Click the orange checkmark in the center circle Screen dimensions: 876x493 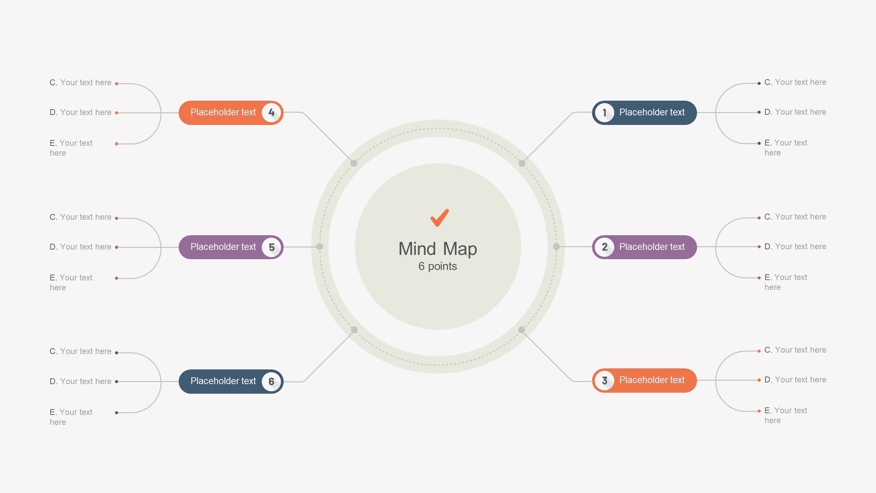coord(439,218)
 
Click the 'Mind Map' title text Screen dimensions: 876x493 coord(438,249)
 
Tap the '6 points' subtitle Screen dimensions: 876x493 coord(438,266)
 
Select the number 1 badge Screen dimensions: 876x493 coord(604,113)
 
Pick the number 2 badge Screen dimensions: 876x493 coord(604,247)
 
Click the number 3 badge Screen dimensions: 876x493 coord(604,380)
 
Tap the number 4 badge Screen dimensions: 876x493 coord(271,113)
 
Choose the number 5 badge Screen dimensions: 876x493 coord(271,247)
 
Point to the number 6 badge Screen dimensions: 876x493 coord(271,381)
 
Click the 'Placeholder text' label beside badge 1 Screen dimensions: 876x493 coord(652,112)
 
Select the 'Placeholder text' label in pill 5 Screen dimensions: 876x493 coord(223,247)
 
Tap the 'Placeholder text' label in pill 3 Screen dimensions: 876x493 coord(652,380)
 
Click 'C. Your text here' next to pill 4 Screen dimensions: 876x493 coord(80,83)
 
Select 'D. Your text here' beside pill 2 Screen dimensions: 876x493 coord(795,246)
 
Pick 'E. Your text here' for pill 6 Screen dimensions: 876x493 coord(71,417)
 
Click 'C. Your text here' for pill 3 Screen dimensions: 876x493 coord(795,350)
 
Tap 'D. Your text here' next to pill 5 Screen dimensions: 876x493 coord(80,247)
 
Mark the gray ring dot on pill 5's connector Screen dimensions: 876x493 coord(319,246)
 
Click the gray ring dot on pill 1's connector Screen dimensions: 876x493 coord(522,163)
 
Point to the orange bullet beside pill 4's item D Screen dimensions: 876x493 coord(117,113)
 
